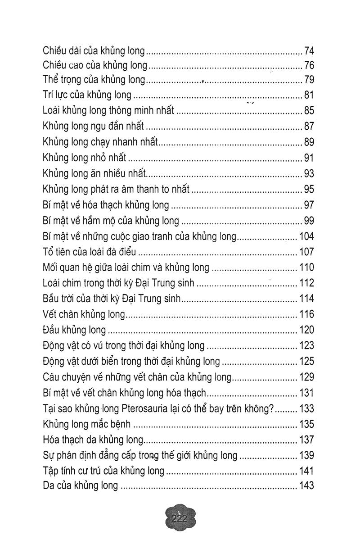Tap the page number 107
coord(306,252)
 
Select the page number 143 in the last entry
coord(306,486)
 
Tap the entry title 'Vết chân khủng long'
coord(84,314)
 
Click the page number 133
coord(306,409)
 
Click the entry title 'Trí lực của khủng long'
coord(87,95)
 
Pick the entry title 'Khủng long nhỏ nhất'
coord(84,158)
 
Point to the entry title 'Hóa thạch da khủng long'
coord(92,440)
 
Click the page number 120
coord(306,330)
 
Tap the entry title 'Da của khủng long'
coord(80,486)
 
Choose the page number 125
coord(306,361)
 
